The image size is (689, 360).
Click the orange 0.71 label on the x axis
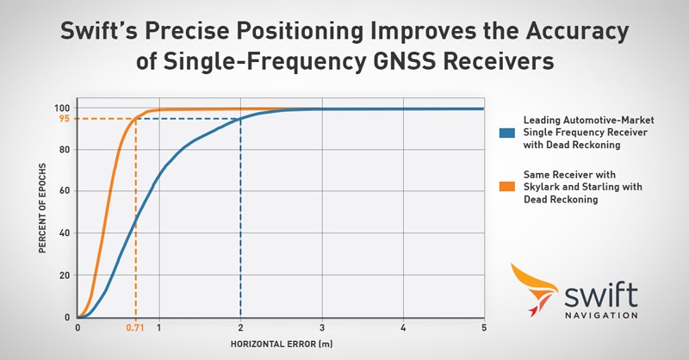click(x=135, y=328)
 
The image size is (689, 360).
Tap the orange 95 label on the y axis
click(x=64, y=119)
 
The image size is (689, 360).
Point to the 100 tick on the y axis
click(x=62, y=109)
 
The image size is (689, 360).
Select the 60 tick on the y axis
click(x=64, y=191)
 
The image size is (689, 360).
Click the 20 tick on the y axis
click(x=64, y=276)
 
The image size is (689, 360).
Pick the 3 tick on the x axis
click(x=322, y=328)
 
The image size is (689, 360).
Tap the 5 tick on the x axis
click(x=484, y=328)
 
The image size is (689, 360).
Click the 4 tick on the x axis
click(x=403, y=328)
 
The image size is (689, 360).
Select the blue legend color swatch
click(x=507, y=133)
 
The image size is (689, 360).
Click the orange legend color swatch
click(x=507, y=187)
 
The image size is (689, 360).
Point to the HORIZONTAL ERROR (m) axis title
click(x=282, y=344)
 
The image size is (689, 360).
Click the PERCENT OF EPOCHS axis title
click(x=42, y=208)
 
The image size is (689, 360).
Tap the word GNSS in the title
click(x=405, y=60)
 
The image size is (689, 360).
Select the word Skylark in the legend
click(x=541, y=187)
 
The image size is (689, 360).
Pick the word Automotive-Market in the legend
click(x=609, y=120)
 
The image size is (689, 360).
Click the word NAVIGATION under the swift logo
click(x=601, y=315)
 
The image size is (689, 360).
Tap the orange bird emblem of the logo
click(x=532, y=288)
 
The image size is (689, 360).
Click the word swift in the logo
click(x=600, y=295)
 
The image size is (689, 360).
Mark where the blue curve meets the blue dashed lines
click(x=240, y=119)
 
